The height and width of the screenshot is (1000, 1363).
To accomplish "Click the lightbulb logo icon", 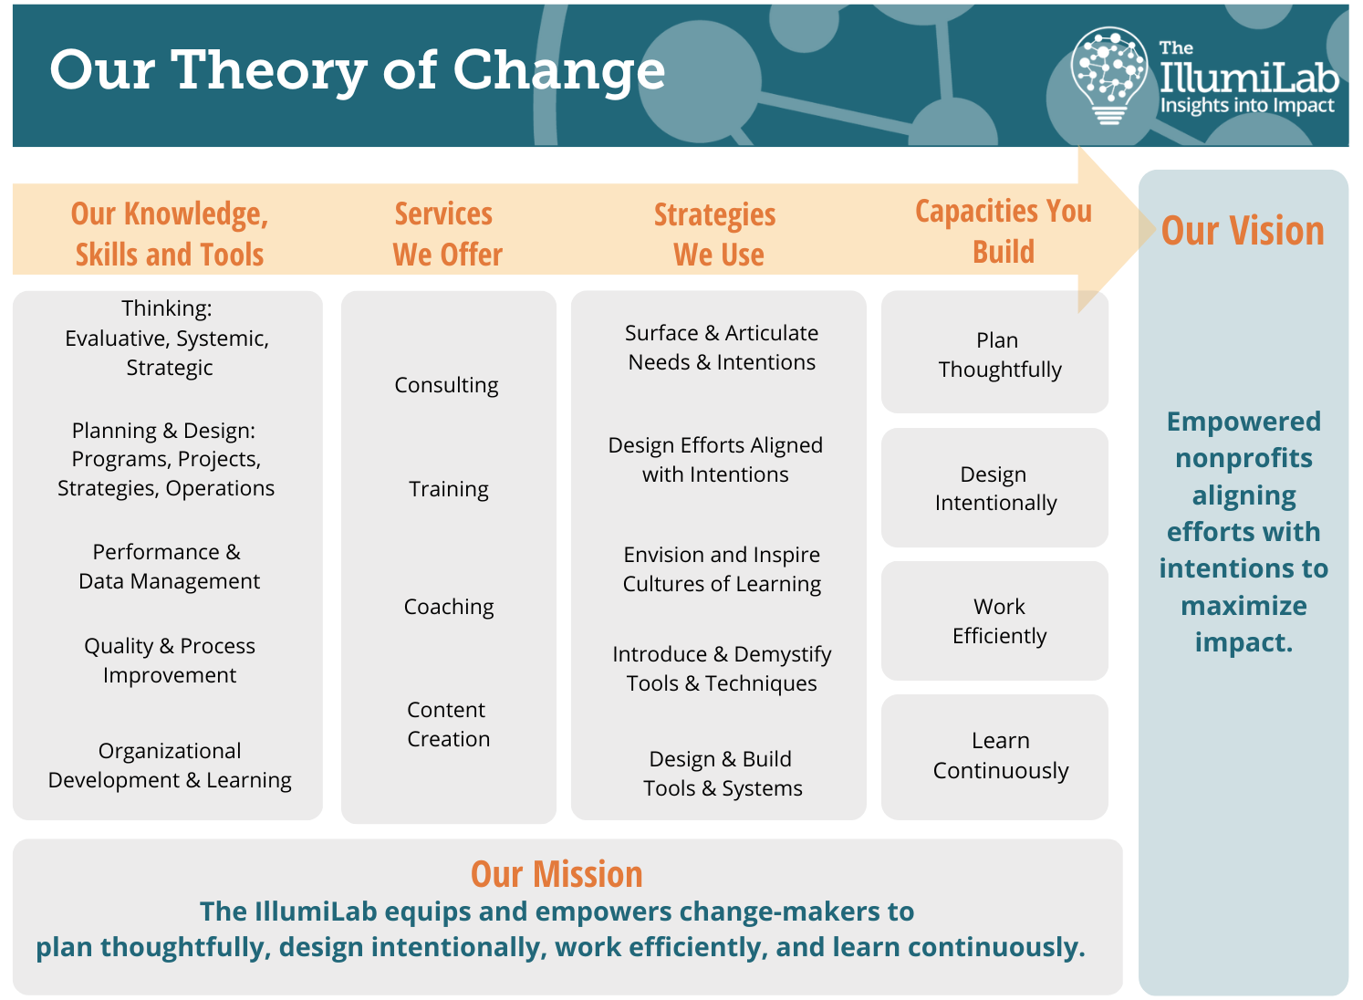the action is pos(1109,75).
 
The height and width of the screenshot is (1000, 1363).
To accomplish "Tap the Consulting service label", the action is pos(447,385).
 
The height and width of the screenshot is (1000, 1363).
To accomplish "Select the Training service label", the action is pos(449,489).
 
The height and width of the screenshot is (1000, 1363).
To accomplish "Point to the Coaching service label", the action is pos(449,607).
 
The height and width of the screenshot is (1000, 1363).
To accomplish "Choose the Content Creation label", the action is pos(449,724).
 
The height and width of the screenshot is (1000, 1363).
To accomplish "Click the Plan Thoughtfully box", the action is pos(994,352).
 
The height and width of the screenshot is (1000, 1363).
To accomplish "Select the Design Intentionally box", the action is pos(994,487).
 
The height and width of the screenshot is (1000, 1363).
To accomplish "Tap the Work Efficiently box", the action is pos(994,620).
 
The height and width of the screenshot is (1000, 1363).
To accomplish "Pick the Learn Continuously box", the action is pos(994,757).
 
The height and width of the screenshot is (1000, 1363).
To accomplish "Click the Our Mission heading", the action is pos(557,875).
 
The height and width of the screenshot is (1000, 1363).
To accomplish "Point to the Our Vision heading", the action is pos(1243,231).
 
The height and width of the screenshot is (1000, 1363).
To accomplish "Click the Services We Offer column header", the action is pos(447,234).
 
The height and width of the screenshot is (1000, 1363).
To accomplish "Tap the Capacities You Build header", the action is pos(1004,231).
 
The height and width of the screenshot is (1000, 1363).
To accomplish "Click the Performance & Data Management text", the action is pos(169,567).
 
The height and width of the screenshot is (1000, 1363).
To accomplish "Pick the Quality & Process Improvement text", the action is pos(170,661).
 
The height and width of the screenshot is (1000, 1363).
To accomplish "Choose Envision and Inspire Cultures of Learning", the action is pos(722,569).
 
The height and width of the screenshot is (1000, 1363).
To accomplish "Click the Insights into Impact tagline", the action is pos(1247,105).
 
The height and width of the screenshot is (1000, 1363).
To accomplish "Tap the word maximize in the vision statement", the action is pos(1243,606).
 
